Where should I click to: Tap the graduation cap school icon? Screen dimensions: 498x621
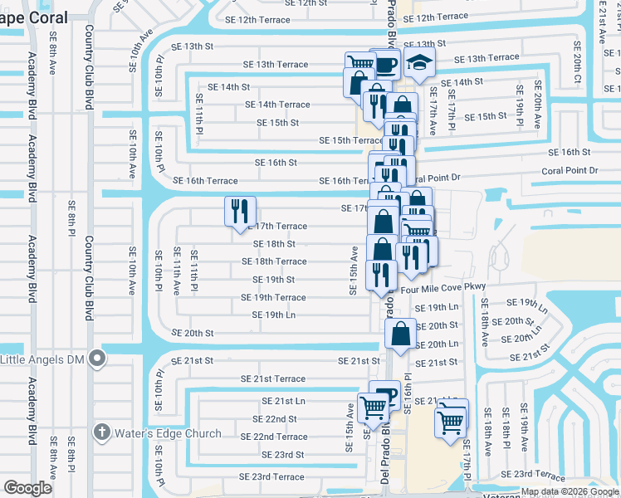tap(418, 63)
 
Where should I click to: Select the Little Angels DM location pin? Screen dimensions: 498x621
tap(97, 359)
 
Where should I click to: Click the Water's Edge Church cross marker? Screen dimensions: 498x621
tap(101, 432)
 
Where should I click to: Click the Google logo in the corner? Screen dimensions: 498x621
tap(27, 488)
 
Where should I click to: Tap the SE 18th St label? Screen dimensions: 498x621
tap(274, 244)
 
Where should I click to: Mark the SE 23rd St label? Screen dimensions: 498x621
tap(282, 455)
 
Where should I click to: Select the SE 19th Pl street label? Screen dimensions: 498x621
tap(520, 100)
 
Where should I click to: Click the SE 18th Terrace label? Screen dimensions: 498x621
tap(274, 261)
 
